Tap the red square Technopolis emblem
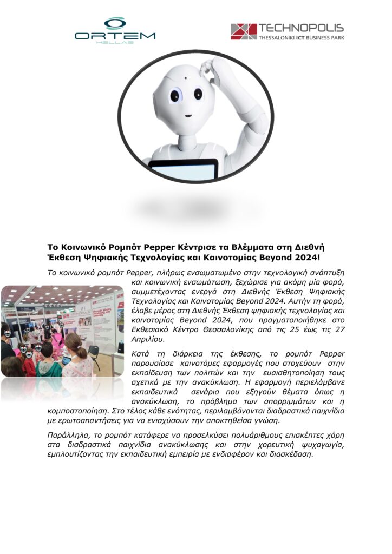click(x=244, y=31)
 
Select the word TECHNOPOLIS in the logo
click(x=301, y=28)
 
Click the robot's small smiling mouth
click(x=187, y=116)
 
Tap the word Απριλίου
click(x=148, y=339)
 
